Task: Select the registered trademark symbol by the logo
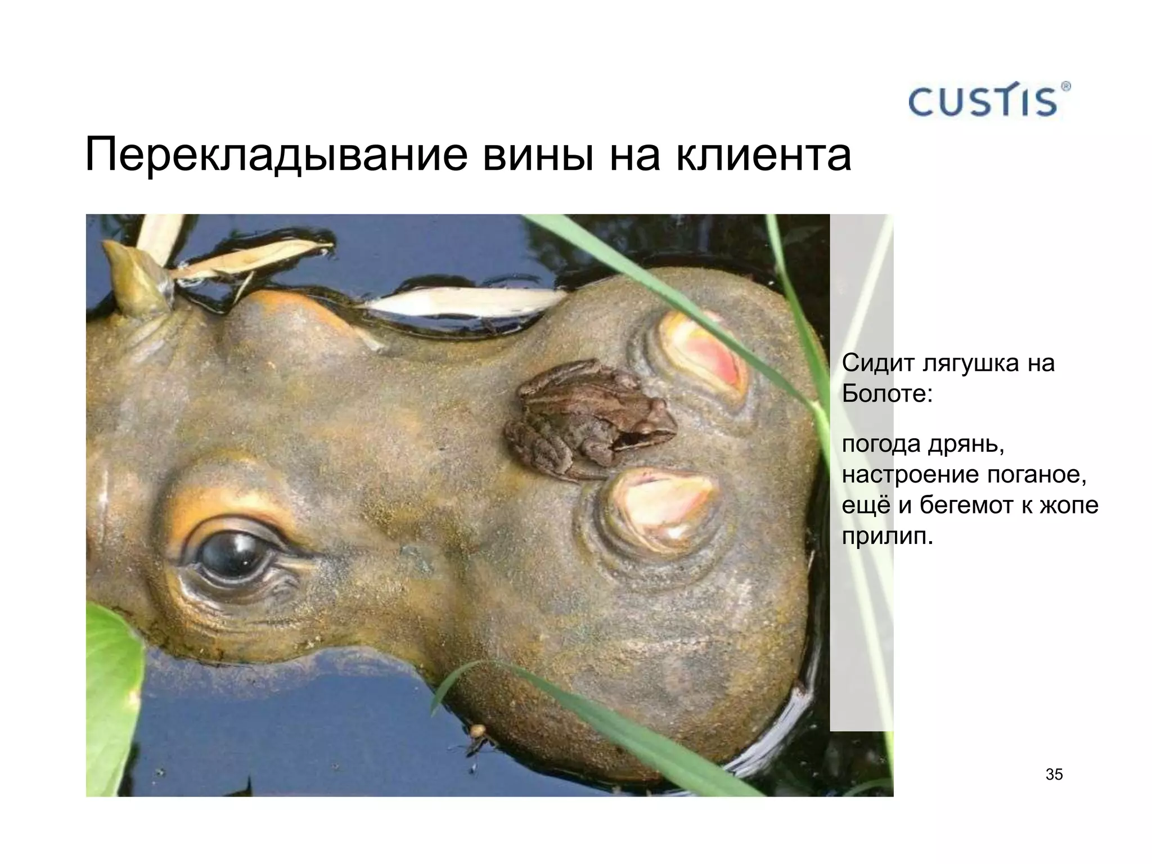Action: pos(1065,86)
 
